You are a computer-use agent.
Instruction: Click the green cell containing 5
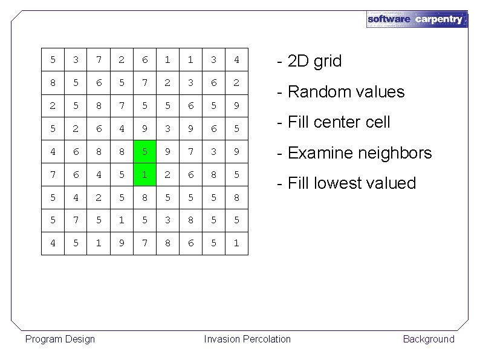coord(144,151)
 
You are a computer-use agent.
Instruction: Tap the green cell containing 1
coord(144,174)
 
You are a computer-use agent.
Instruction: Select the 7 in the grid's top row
coord(99,60)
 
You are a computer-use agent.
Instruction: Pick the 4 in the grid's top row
coord(236,60)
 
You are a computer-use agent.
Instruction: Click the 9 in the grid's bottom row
coord(122,243)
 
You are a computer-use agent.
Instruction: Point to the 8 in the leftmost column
coord(53,83)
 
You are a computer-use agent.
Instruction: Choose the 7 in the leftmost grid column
coord(53,174)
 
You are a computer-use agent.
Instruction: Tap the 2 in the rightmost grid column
coord(236,83)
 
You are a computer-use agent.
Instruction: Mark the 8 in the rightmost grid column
coord(236,197)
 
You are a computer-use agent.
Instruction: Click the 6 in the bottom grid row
coord(190,243)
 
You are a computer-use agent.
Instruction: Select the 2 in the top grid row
coord(122,60)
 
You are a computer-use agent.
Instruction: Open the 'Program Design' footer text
coord(60,339)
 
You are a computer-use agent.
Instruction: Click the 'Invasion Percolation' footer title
coord(247,339)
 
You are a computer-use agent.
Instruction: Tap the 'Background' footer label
coord(428,339)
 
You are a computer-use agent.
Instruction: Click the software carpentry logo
coord(417,19)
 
